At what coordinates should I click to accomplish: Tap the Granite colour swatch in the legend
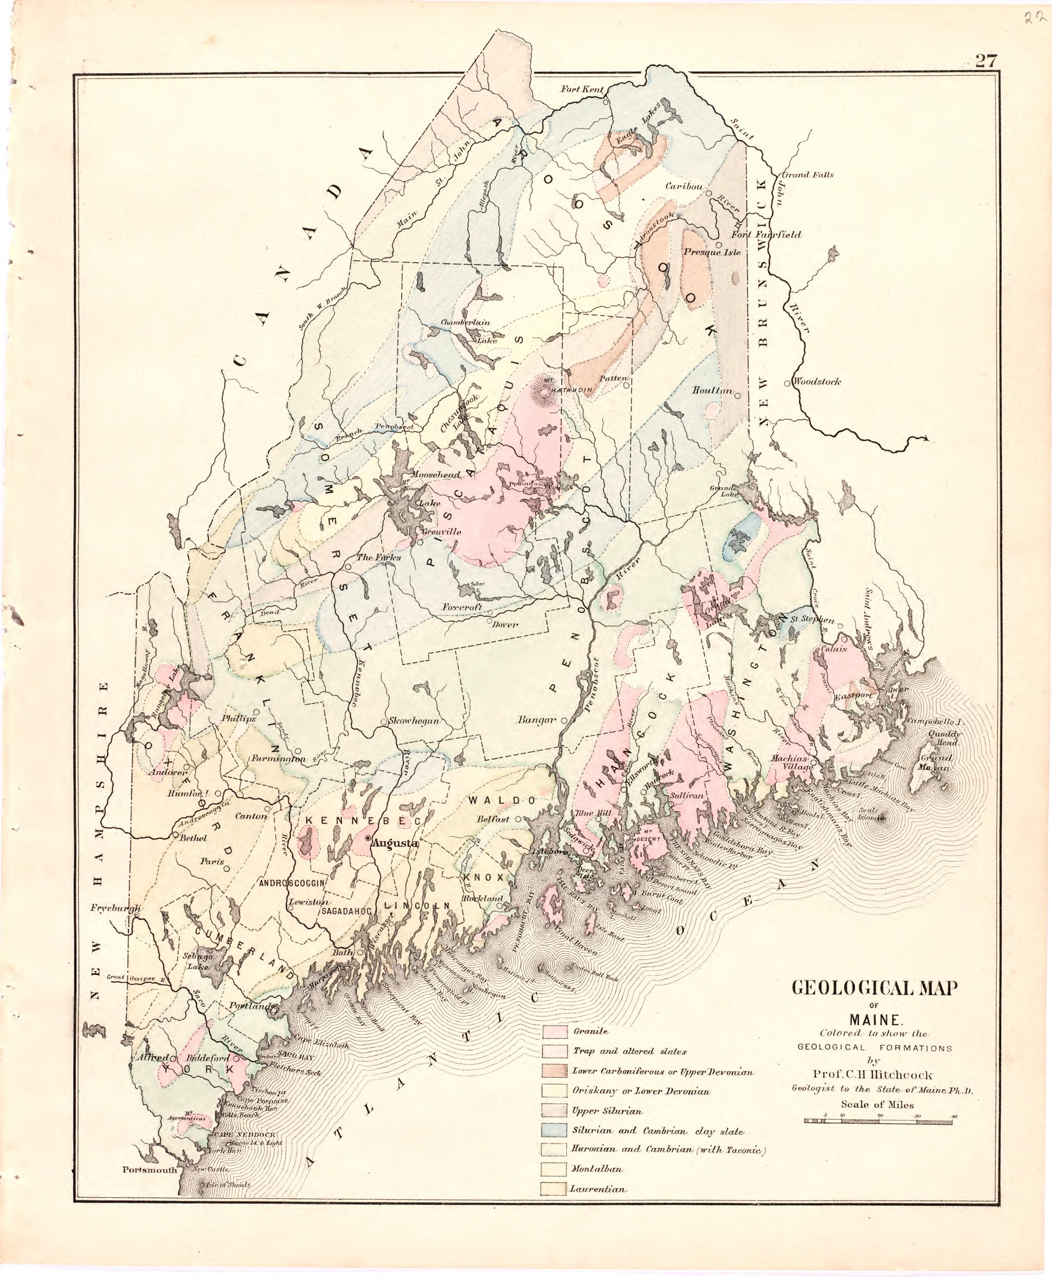point(554,1031)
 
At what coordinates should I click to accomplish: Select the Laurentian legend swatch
point(554,1190)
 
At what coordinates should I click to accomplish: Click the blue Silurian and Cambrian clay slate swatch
point(554,1131)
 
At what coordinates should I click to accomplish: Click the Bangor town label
point(536,720)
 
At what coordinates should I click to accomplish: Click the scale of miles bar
point(880,1121)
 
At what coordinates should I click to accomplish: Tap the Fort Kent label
point(582,89)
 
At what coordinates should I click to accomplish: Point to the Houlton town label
point(712,391)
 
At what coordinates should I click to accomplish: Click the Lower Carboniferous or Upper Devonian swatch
point(554,1072)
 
